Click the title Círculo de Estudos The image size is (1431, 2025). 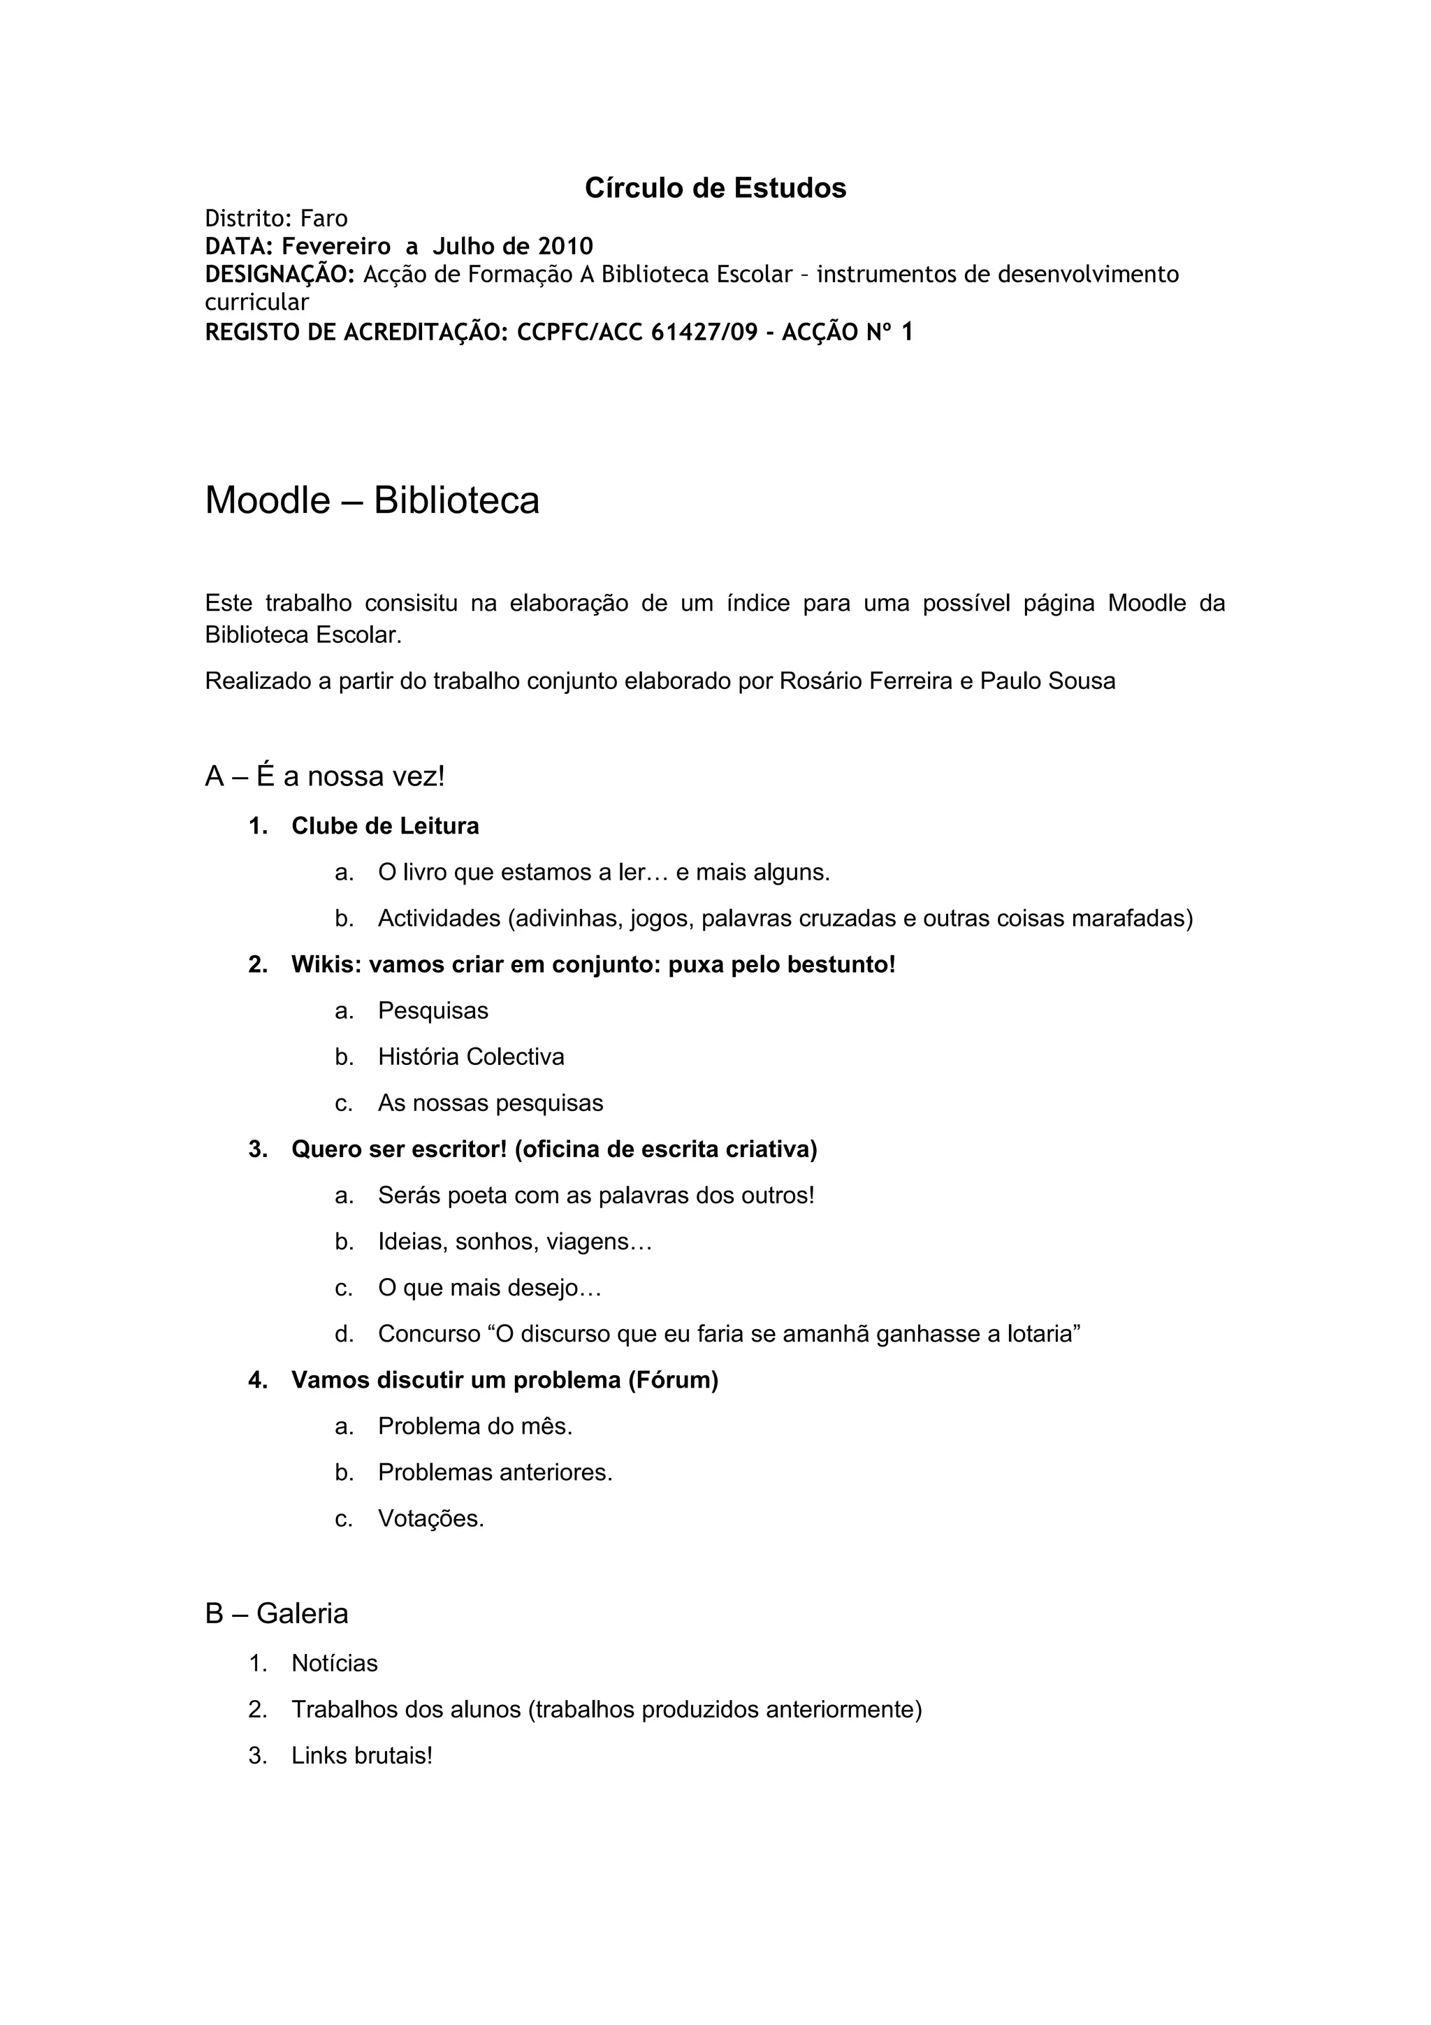(715, 188)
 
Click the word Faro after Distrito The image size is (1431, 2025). (324, 218)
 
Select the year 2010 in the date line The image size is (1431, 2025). (565, 246)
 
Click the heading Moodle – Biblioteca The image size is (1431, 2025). (372, 500)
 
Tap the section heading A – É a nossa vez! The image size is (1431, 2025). (324, 776)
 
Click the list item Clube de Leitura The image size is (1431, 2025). (385, 827)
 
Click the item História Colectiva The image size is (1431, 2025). (471, 1057)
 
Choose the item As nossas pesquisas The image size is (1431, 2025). (491, 1103)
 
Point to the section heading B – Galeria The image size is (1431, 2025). (277, 1613)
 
